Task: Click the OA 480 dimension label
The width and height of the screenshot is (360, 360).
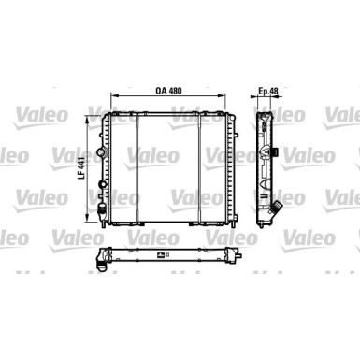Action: tap(168, 91)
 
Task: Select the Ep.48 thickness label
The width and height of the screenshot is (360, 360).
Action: tap(268, 91)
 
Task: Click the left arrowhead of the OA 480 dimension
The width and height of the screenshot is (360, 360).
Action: tap(114, 96)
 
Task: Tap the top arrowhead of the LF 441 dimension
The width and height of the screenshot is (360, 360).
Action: tap(88, 119)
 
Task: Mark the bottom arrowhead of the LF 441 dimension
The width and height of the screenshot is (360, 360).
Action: tap(88, 218)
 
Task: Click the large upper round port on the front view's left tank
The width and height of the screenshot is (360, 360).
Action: tap(102, 152)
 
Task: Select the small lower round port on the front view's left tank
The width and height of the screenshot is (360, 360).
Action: tap(102, 184)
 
